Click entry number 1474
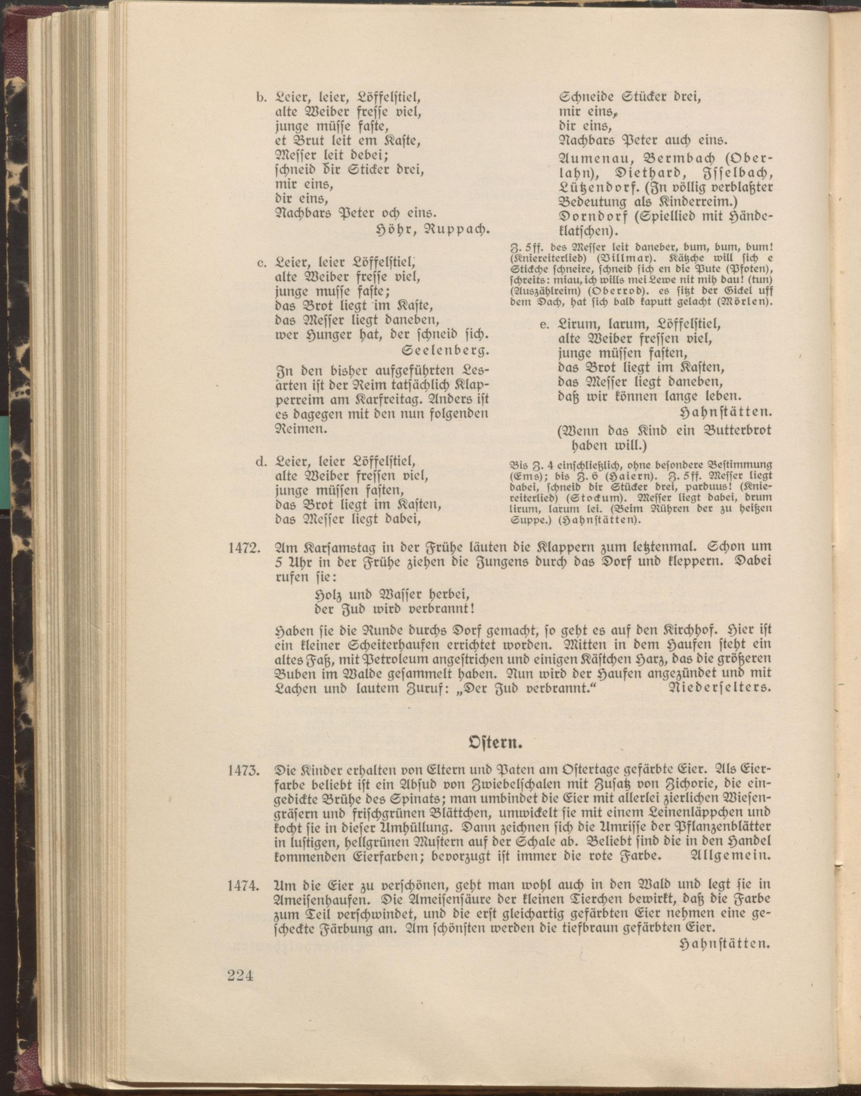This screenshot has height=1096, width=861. (244, 885)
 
